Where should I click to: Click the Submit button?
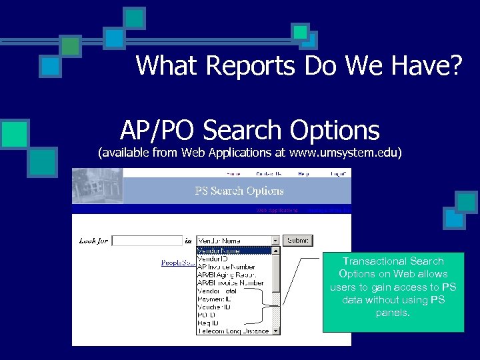tap(297, 240)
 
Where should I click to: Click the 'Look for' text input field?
tap(147, 241)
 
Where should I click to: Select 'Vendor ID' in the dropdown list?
tap(213, 259)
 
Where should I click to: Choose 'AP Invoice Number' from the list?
tap(226, 267)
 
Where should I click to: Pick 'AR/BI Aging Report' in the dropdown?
tap(227, 275)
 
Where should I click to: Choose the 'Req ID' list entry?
tap(209, 323)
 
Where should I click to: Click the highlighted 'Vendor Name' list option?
tap(218, 251)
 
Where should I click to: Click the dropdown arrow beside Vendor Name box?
tap(275, 240)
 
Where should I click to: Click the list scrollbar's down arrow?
tap(276, 330)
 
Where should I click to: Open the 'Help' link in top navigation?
tap(303, 173)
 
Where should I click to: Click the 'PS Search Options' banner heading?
tap(239, 191)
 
